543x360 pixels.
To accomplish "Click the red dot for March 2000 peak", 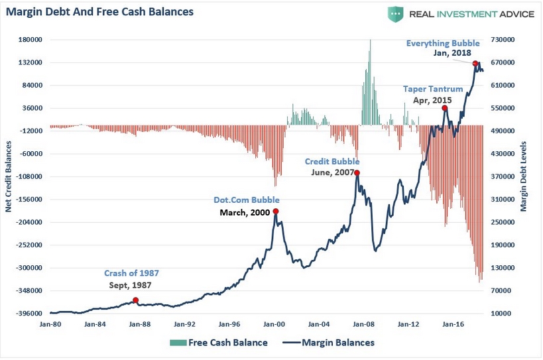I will [x=275, y=211].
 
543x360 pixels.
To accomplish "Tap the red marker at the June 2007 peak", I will [x=357, y=173].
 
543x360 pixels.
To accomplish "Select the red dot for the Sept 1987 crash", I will [x=136, y=300].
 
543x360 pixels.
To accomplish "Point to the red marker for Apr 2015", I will [x=445, y=108].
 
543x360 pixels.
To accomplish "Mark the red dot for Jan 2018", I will [x=475, y=64].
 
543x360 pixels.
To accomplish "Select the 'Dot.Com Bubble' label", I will [x=246, y=200].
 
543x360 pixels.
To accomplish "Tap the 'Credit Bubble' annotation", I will [x=332, y=161].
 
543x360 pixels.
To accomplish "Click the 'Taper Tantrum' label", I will [x=433, y=88].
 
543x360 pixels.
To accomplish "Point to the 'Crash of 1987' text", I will [x=131, y=273].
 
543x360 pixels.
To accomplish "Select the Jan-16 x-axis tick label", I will [x=453, y=325].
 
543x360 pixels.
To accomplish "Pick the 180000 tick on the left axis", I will [x=30, y=40].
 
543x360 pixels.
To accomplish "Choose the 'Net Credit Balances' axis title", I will [x=9, y=176].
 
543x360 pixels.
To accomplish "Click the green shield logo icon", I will [x=396, y=13].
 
